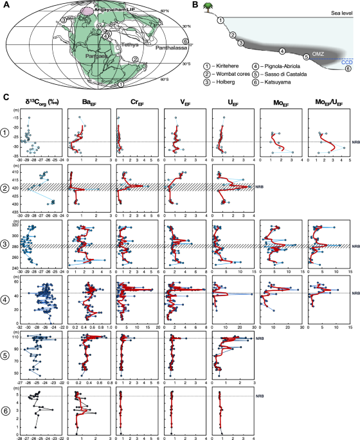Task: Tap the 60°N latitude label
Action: (164, 12)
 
